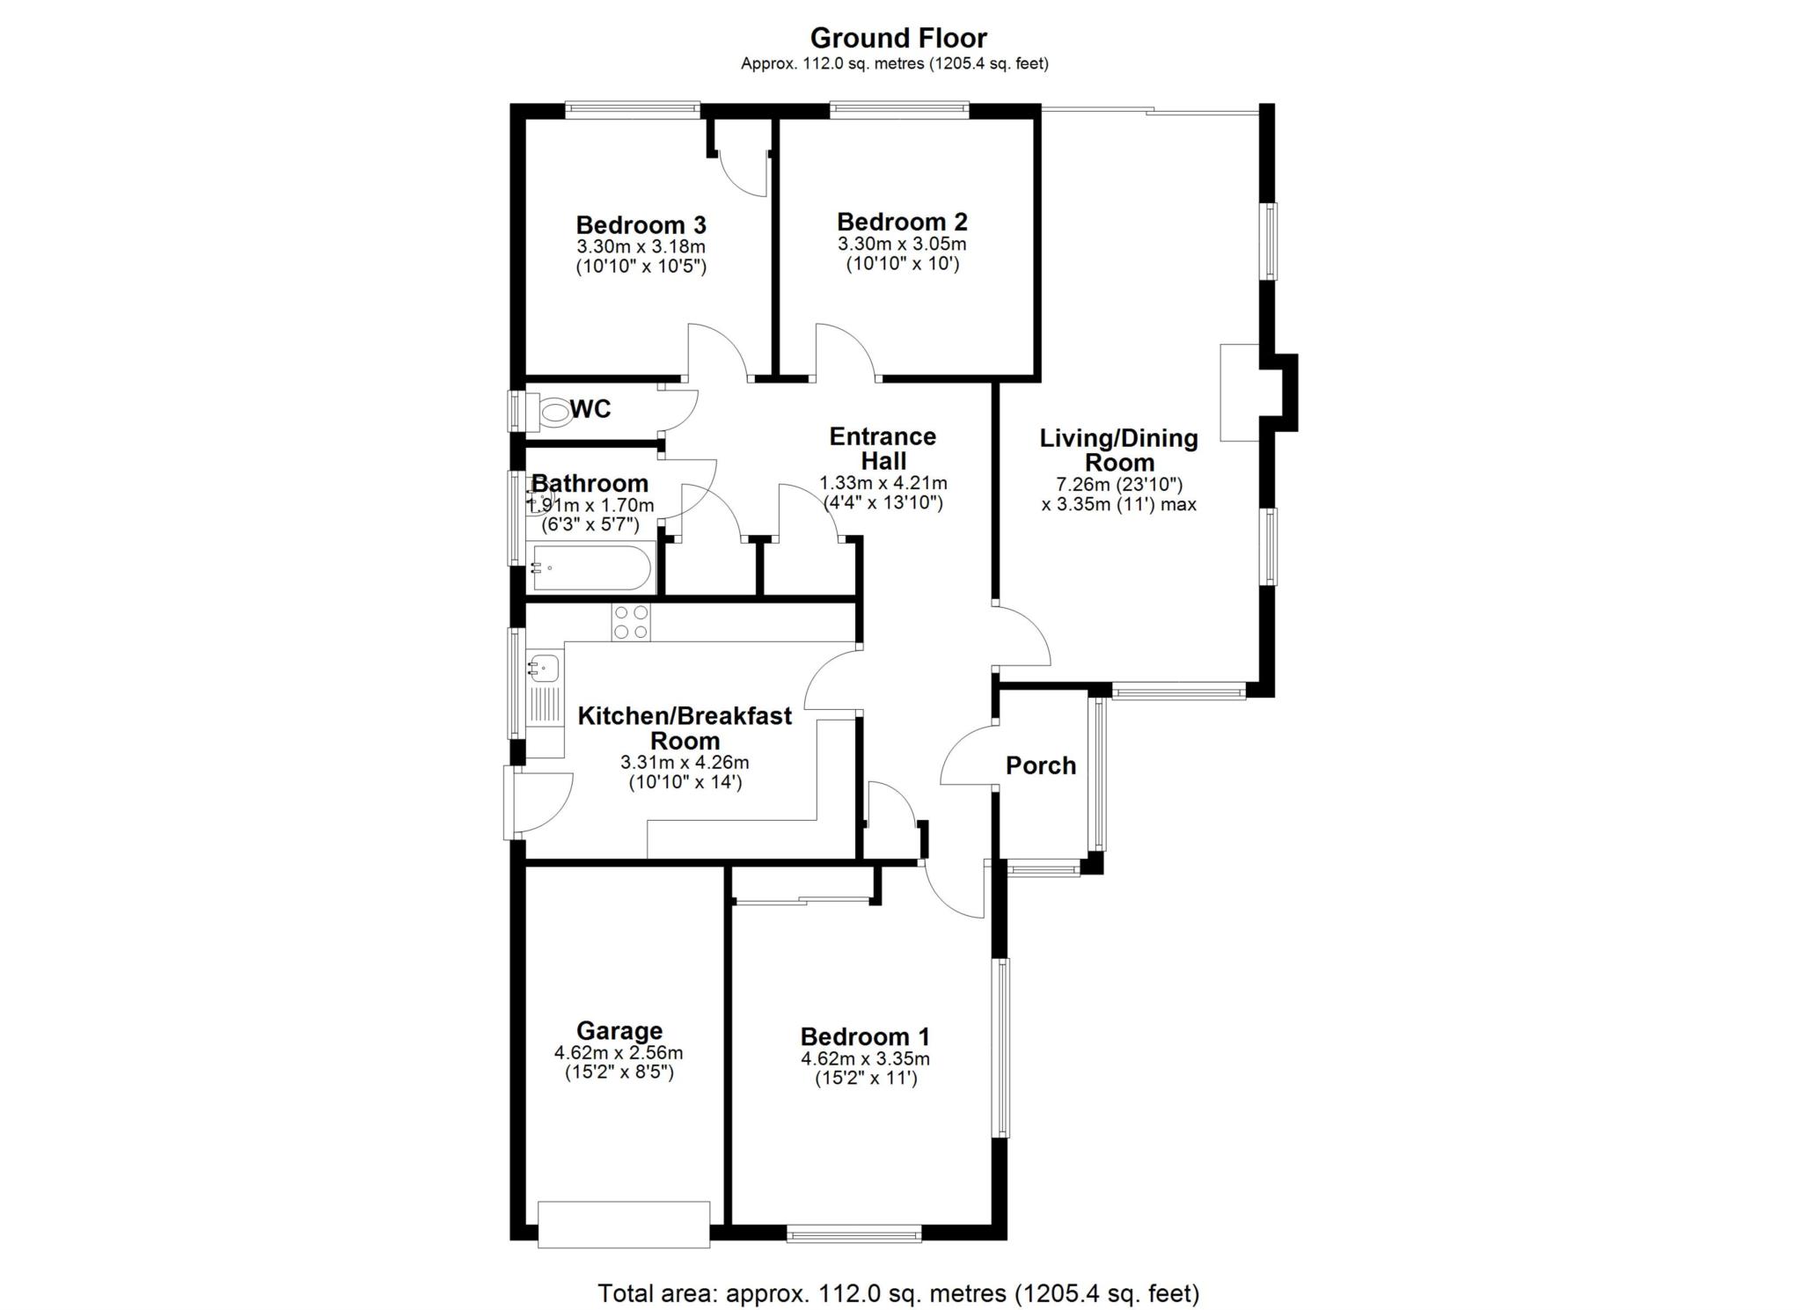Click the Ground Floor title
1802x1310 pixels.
click(898, 38)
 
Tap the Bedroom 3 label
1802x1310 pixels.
click(641, 225)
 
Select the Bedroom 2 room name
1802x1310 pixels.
click(902, 222)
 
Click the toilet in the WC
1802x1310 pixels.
click(553, 412)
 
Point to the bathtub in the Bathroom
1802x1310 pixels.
click(591, 569)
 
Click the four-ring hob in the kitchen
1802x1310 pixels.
click(631, 623)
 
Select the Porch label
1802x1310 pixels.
click(1041, 765)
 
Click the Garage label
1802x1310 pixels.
click(619, 1030)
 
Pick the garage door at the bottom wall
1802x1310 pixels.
click(624, 1224)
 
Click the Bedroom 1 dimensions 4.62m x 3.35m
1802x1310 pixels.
click(865, 1059)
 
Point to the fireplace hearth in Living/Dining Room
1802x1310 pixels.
click(1240, 392)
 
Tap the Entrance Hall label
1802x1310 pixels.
click(883, 449)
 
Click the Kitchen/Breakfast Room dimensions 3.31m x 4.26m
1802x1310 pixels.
click(685, 763)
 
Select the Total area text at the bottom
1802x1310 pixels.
click(898, 1293)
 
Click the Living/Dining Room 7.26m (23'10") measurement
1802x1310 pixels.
click(1118, 484)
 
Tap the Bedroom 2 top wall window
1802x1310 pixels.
click(899, 110)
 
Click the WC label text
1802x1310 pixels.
click(590, 409)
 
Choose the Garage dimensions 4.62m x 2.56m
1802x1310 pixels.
click(619, 1053)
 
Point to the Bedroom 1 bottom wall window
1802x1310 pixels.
click(854, 1235)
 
